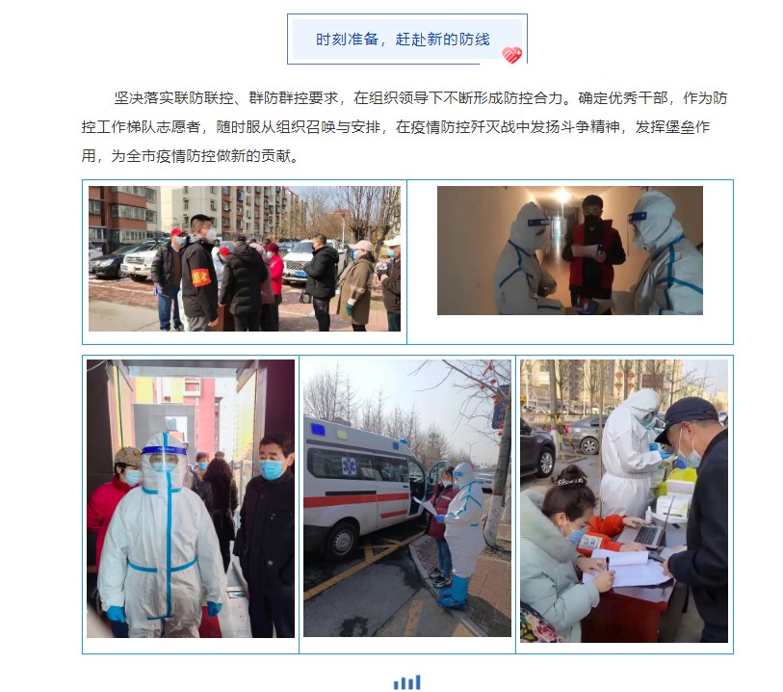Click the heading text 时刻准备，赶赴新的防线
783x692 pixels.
point(403,39)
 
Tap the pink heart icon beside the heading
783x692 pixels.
point(511,55)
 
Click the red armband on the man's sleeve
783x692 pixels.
point(200,278)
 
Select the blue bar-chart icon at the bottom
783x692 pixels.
point(407,682)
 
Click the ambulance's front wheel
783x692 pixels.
point(343,541)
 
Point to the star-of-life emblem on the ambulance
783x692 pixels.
point(349,466)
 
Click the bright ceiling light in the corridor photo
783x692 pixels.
point(562,196)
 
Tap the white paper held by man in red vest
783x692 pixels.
point(585,250)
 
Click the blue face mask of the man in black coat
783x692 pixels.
point(272,469)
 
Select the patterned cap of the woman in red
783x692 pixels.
point(128,456)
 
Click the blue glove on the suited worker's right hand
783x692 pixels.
point(116,614)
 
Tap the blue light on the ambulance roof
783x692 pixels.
point(317,429)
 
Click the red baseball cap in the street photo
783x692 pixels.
point(177,232)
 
